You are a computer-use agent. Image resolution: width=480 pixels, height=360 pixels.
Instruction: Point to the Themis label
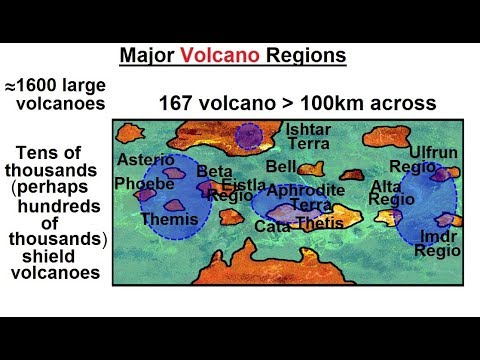tap(163, 219)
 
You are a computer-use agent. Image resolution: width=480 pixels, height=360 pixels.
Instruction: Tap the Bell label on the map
tap(280, 166)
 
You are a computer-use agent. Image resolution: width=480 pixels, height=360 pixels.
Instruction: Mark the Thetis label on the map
tap(320, 223)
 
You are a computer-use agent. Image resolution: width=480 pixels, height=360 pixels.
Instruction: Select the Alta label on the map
tap(385, 185)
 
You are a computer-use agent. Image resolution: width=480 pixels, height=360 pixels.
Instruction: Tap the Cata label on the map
tap(272, 227)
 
